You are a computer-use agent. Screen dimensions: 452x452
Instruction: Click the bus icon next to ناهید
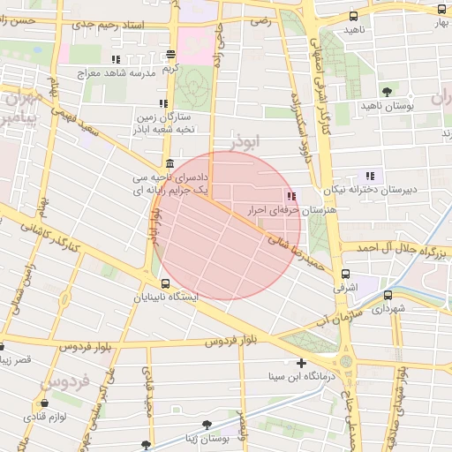tap(354, 16)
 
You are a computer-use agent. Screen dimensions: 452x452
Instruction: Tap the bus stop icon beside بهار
tap(441, 8)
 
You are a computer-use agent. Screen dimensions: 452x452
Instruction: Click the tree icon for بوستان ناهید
tap(387, 91)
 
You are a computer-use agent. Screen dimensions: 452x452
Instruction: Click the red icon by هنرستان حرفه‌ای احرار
tap(290, 195)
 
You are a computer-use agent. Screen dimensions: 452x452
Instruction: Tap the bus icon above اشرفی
tap(345, 274)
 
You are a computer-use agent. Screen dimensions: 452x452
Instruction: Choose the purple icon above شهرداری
tap(387, 295)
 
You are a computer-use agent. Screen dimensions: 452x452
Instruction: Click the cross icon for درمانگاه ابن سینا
tap(302, 363)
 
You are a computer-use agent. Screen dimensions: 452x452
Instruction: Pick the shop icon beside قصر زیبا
tap(3, 347)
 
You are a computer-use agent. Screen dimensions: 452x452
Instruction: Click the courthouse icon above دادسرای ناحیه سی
tap(169, 163)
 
